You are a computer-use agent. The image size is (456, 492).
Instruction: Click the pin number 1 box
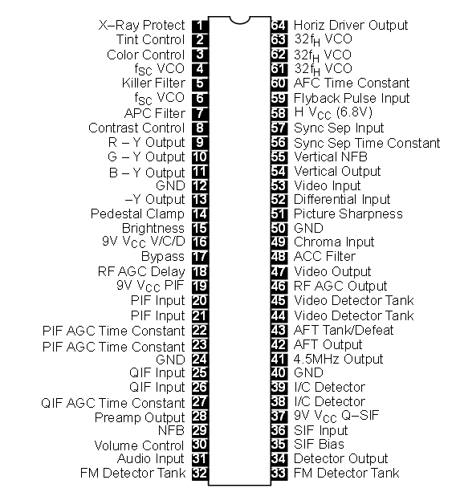[200, 26]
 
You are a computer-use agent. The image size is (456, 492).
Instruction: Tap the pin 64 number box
[279, 26]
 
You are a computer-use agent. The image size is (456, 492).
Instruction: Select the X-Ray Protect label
[141, 25]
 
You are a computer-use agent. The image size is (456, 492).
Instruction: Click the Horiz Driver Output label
[351, 25]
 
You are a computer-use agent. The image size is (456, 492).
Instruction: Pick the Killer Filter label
[153, 83]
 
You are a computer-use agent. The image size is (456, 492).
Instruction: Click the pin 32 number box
[200, 473]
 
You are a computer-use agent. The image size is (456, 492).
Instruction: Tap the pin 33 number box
[279, 473]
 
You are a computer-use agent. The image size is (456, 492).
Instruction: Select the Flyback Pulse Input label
[352, 98]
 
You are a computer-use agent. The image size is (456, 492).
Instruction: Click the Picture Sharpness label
[348, 213]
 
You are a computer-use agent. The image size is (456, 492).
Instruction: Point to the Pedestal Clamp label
[137, 213]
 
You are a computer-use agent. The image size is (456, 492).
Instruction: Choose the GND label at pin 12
[170, 185]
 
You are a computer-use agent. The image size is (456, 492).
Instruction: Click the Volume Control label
[139, 445]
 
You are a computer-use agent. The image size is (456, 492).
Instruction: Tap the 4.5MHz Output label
[338, 359]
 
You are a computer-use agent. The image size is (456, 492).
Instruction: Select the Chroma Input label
[334, 242]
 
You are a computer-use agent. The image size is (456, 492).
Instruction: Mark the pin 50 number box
[279, 228]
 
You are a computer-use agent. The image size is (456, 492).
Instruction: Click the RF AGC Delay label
[141, 272]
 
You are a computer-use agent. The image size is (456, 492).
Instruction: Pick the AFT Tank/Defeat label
[344, 330]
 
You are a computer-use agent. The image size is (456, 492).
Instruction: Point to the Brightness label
[153, 229]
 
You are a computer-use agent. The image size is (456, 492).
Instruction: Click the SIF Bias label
[319, 444]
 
